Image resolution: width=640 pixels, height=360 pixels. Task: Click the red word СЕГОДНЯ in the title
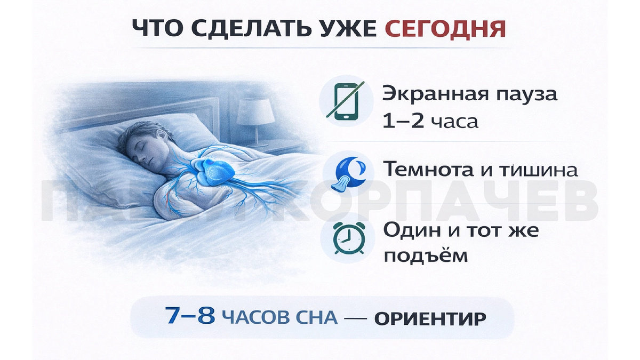point(445,29)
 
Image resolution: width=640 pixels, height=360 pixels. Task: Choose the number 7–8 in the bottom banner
point(190,317)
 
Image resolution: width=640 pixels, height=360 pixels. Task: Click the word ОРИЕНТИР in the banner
point(430,319)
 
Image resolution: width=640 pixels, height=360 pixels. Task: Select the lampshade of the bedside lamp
point(255,111)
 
